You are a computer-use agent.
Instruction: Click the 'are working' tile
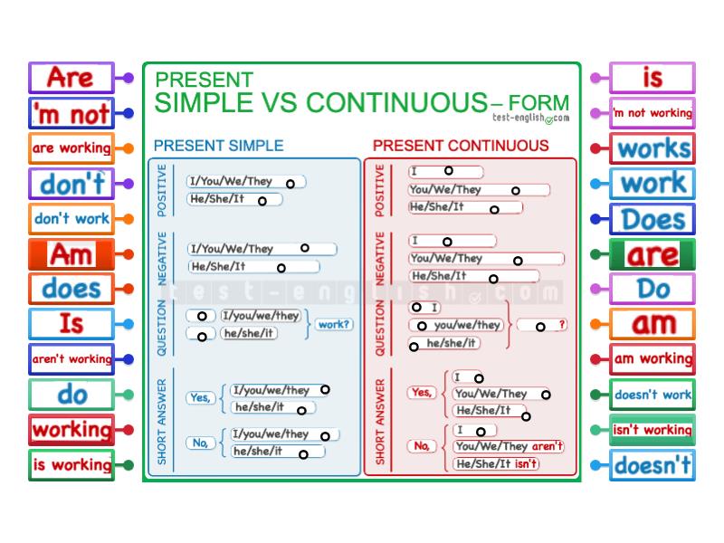tap(71, 148)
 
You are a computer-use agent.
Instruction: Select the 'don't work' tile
tap(71, 219)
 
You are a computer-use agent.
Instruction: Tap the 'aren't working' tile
tap(71, 359)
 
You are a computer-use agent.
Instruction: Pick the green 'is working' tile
tap(71, 465)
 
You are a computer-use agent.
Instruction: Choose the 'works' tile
tap(653, 148)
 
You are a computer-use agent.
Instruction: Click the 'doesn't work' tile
tap(653, 395)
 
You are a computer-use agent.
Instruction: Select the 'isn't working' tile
tap(653, 430)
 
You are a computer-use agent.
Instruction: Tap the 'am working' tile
tap(653, 359)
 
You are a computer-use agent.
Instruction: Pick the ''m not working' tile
tap(653, 113)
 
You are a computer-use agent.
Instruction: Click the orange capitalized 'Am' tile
tap(71, 254)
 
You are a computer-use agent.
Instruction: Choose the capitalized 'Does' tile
tap(653, 219)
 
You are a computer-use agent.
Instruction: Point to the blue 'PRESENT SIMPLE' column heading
tap(218, 146)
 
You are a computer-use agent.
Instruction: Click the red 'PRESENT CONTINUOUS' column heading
tap(461, 146)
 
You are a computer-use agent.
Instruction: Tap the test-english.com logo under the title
tap(530, 118)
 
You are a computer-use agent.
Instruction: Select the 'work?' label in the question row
tap(334, 324)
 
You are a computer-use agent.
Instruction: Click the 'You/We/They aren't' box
tap(509, 446)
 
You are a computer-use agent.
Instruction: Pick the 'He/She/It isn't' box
tap(496, 464)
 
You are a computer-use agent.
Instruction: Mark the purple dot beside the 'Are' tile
tap(129, 78)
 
